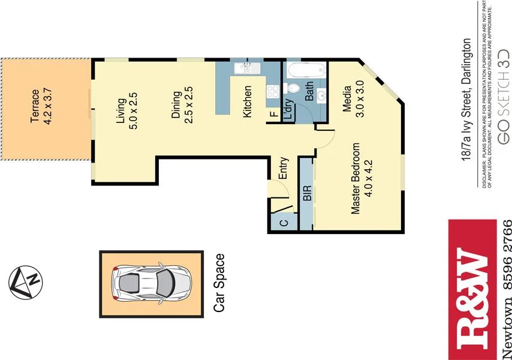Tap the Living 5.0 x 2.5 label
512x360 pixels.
click(127, 111)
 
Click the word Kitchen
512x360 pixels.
click(247, 101)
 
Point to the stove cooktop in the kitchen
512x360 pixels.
click(272, 92)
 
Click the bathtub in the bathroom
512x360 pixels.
click(304, 72)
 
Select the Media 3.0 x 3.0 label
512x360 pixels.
click(353, 101)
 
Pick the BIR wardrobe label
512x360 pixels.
click(306, 193)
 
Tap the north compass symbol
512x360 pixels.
click(26, 282)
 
